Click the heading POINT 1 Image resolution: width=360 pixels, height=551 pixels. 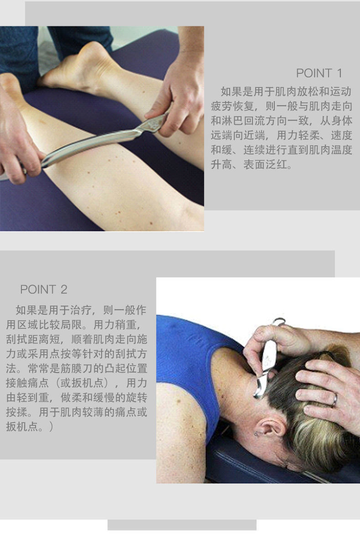pyautogui.click(x=319, y=73)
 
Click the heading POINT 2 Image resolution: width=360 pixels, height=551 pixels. pyautogui.click(x=44, y=289)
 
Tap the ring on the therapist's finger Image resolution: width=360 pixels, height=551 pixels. pyautogui.click(x=334, y=399)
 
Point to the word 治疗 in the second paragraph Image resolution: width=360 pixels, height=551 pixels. pyautogui.click(x=82, y=310)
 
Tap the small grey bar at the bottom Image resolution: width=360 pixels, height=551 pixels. pyautogui.click(x=182, y=525)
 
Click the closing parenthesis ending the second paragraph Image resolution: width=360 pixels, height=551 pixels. pyautogui.click(x=51, y=427)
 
